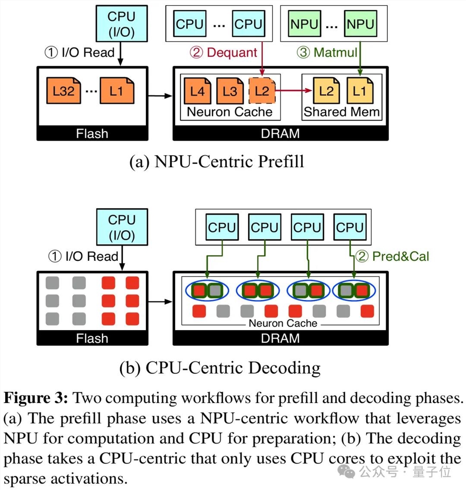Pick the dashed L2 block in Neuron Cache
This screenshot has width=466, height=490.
[x=262, y=91]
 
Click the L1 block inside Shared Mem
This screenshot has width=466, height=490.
[x=359, y=91]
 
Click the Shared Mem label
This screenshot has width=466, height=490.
[x=342, y=112]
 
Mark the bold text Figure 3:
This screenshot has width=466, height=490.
[x=36, y=399]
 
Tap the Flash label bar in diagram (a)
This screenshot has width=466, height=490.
[x=92, y=134]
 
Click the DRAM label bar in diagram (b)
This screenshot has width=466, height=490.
[x=281, y=338]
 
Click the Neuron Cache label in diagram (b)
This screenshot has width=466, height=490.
[x=283, y=323]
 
